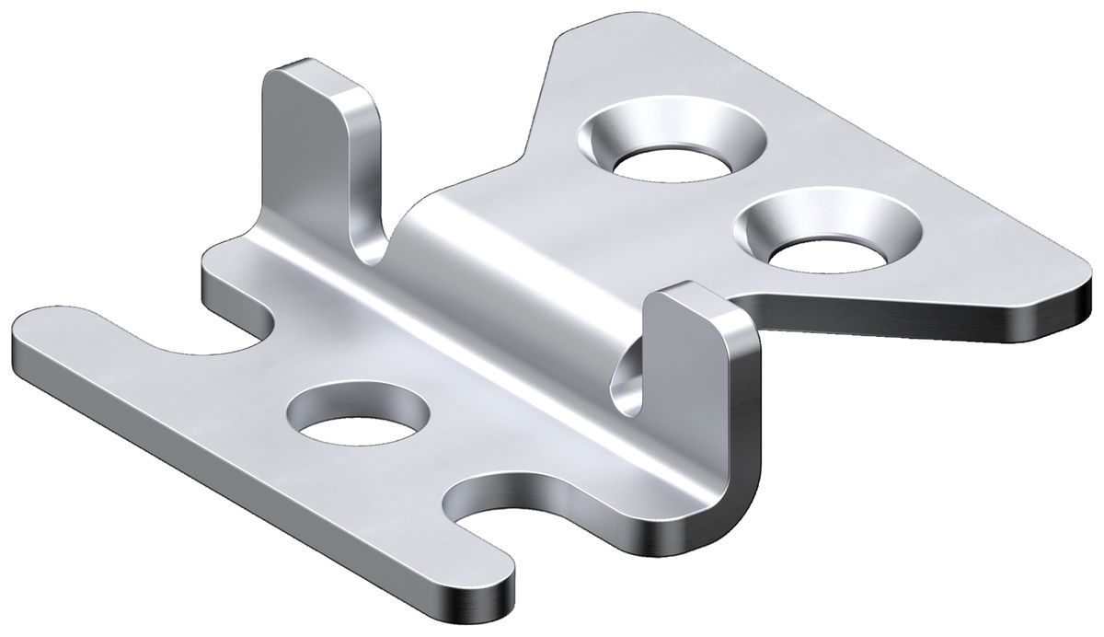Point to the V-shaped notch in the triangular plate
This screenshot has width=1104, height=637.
(x=529, y=147)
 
